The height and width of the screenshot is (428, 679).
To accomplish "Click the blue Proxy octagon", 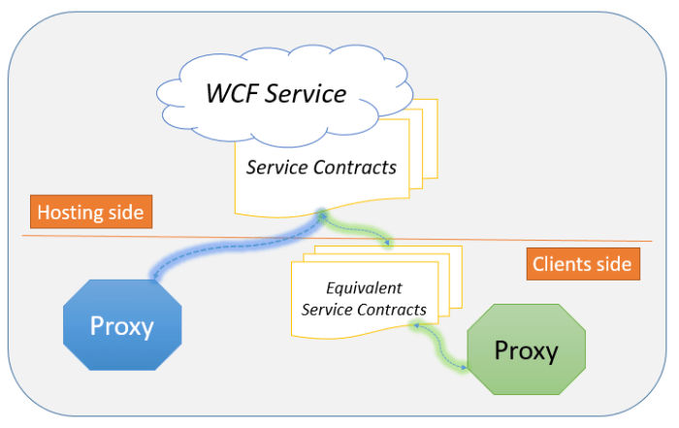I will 122,325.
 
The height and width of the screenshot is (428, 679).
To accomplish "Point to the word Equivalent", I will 364,288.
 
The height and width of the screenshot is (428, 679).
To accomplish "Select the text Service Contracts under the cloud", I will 321,167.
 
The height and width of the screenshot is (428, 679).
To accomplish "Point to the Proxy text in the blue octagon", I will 122,325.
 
